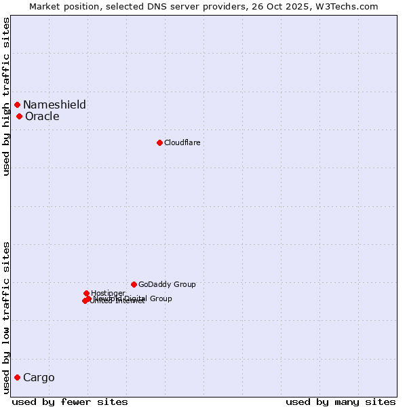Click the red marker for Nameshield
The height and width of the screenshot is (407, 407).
point(17,104)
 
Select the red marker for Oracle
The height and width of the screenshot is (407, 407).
point(19,116)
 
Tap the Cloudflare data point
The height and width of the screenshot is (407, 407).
point(159,142)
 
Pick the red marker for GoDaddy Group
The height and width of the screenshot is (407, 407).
point(134,284)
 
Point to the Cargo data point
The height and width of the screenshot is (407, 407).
point(17,377)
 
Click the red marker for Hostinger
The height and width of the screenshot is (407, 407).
point(86,293)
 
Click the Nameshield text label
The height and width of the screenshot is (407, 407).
point(54,104)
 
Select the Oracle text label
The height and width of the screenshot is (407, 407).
point(42,116)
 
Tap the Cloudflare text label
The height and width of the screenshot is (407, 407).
point(182,142)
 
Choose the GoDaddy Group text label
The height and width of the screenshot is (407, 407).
point(167,284)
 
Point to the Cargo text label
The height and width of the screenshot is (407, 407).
point(39,377)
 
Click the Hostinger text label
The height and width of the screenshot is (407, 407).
point(108,293)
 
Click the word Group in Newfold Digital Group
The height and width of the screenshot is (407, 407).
point(161,298)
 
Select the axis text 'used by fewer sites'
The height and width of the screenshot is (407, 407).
point(70,402)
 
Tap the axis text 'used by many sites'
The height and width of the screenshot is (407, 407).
point(341,402)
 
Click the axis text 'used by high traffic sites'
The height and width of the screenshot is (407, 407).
point(6,96)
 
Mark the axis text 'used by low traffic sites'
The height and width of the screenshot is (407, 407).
point(6,317)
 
